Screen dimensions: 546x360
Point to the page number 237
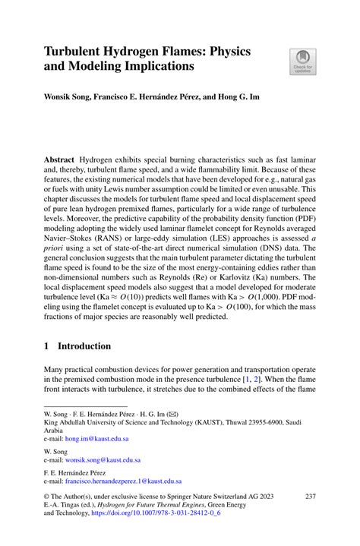(x=310, y=496)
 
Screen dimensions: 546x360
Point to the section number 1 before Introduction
(x=47, y=346)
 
